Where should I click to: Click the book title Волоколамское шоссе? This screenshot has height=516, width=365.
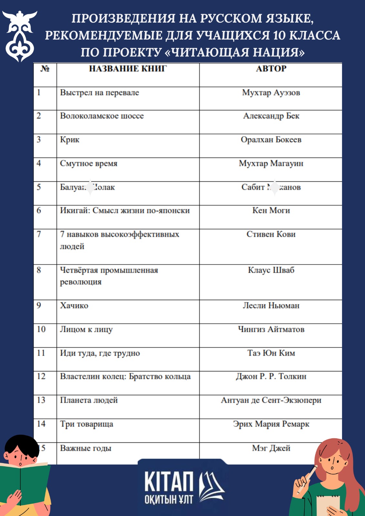coord(102,116)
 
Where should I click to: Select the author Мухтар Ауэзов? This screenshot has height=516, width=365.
coord(271,93)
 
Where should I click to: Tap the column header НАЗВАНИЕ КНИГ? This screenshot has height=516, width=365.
coord(128,69)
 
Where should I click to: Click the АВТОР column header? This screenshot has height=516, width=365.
coord(271,69)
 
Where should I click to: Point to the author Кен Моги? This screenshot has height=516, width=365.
coord(271,211)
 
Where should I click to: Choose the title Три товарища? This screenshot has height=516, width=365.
coord(86,424)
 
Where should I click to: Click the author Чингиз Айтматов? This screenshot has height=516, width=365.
coord(271,329)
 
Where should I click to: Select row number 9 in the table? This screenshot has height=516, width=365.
coord(39,305)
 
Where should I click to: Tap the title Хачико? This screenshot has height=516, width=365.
coord(74,305)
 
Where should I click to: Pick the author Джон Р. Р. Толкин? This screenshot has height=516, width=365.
coord(271,376)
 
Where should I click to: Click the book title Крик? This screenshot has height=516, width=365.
coord(70,140)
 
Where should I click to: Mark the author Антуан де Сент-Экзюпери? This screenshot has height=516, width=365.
coord(271,400)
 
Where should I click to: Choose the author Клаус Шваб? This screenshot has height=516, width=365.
coord(271,270)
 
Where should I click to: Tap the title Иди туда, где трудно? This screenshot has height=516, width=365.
coord(100,353)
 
